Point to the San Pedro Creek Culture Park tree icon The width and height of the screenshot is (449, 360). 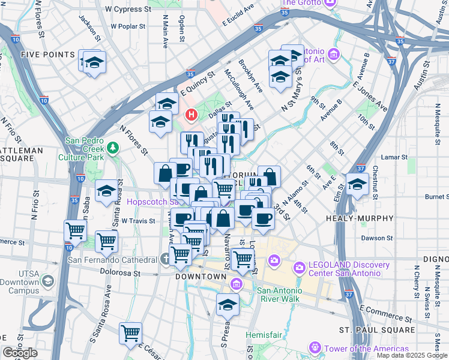tap(112, 148)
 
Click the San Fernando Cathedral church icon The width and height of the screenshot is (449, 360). tap(166, 260)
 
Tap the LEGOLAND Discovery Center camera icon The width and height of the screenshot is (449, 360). tap(299, 266)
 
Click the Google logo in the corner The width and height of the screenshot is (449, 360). tap(20, 353)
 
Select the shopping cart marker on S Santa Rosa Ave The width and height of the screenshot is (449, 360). tap(130, 333)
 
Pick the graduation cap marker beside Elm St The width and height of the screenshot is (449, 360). tap(357, 184)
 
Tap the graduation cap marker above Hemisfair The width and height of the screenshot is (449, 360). tap(228, 305)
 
